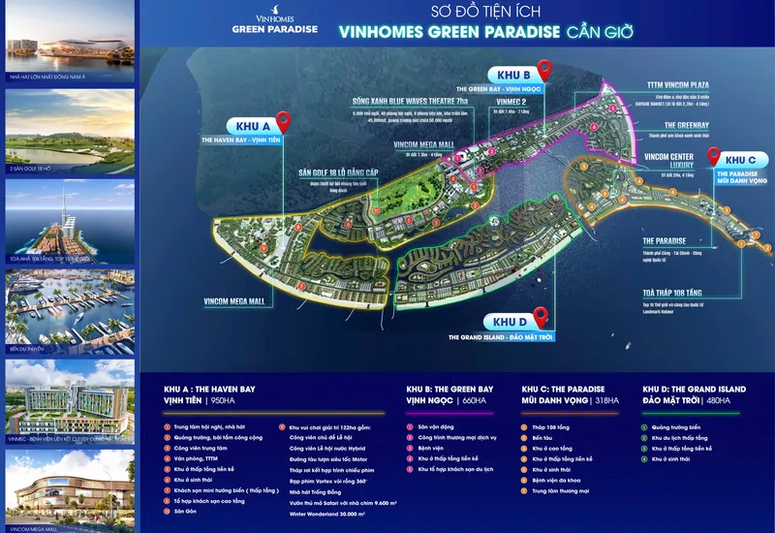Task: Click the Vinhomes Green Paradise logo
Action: (274, 21)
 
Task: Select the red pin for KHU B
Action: (544, 69)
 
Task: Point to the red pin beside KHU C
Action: (713, 155)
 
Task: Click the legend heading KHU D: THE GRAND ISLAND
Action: (695, 389)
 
